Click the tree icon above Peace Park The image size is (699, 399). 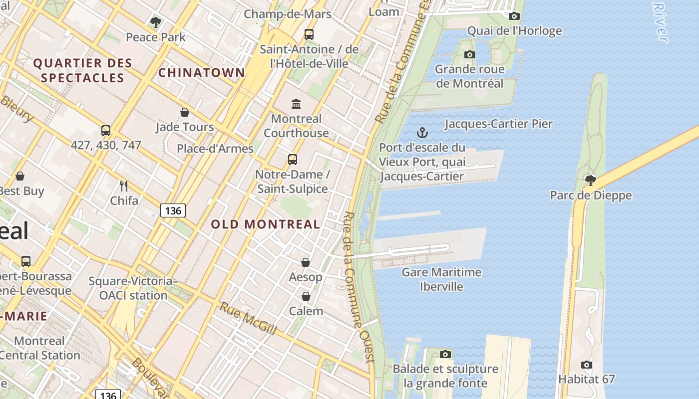[x=156, y=22]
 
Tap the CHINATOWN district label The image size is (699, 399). [x=202, y=73]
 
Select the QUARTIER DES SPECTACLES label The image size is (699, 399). [x=82, y=70]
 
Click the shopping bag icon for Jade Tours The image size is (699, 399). [x=185, y=112]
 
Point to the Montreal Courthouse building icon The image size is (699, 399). [x=296, y=104]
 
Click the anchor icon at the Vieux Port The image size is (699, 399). [x=422, y=133]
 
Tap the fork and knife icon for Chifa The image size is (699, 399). [x=124, y=186]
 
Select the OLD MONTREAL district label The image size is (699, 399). [x=265, y=224]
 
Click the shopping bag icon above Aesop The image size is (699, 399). [x=306, y=262]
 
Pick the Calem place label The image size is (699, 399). [x=306, y=311]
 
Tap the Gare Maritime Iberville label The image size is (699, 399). [x=441, y=279]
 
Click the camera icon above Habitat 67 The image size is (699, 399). [x=587, y=365]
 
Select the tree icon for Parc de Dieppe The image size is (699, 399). [x=591, y=180]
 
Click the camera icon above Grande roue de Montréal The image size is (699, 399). [x=469, y=54]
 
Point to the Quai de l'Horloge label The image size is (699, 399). [x=514, y=31]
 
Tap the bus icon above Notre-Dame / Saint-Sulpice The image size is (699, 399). [x=293, y=160]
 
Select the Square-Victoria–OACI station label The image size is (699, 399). [x=133, y=288]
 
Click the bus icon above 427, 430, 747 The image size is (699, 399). [x=106, y=131]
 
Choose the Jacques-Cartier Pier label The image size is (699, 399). [x=498, y=124]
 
